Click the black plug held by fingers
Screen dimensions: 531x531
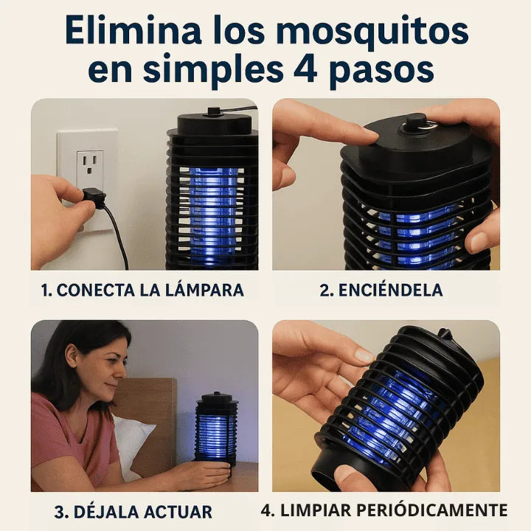pos(94,197)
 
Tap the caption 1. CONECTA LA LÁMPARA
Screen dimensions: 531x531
pos(141,290)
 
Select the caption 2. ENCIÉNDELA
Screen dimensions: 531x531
pos(381,290)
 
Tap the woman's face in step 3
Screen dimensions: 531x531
pos(100,370)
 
